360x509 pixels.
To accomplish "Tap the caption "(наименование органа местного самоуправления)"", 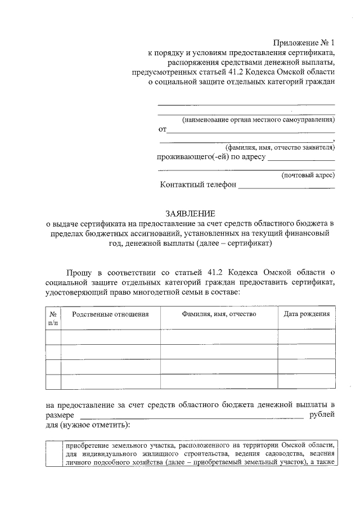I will tap(258, 120).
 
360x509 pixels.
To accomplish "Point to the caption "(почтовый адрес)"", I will tap(308, 175).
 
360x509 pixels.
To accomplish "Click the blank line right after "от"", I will tap(251, 130).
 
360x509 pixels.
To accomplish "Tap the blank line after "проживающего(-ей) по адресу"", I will tap(301, 159).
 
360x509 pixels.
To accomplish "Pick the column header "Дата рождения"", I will tap(306, 314).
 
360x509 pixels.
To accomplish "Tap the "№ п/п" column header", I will tap(53, 318).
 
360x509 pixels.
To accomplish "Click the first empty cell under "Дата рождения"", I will tap(306, 337).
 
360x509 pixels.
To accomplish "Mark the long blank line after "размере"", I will tap(191, 417).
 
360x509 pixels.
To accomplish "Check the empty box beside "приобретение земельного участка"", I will tap(53, 453).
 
